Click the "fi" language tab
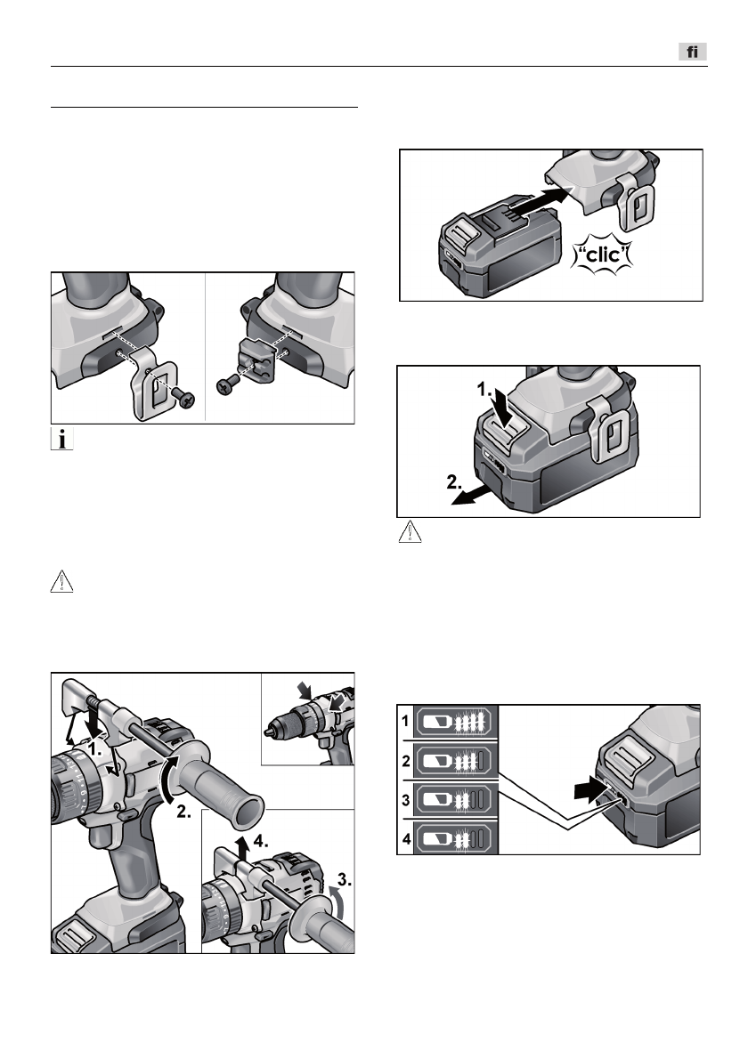(x=691, y=53)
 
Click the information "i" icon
(x=60, y=439)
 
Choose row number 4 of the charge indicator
(x=404, y=838)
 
